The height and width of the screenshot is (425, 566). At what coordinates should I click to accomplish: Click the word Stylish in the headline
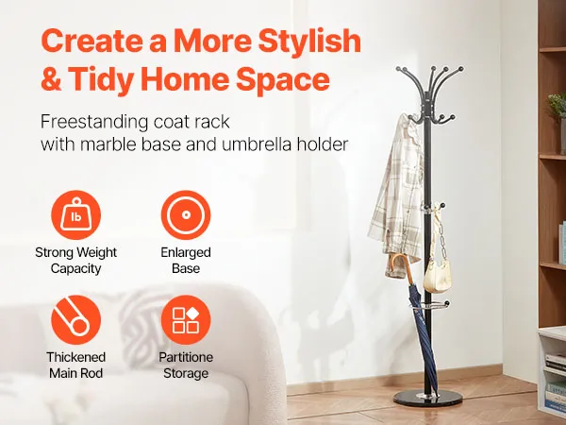pos(309,42)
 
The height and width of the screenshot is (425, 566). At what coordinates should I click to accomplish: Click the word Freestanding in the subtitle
pos(94,122)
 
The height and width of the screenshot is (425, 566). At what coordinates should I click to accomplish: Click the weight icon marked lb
pos(75,215)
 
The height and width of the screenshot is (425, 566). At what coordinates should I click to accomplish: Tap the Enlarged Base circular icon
pos(186,215)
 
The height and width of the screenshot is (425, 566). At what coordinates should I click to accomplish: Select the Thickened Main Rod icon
pos(75,320)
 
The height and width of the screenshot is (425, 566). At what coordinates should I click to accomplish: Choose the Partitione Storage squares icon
pos(186,320)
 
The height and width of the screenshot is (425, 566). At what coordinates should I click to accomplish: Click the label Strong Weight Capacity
pos(75,261)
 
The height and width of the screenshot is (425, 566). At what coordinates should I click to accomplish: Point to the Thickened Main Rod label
pos(75,365)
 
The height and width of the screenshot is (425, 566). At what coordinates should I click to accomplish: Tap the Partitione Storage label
pos(186,365)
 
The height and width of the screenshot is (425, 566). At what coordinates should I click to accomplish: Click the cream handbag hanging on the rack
pos(438,276)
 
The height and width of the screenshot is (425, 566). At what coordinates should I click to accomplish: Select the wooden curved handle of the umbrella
pos(398,264)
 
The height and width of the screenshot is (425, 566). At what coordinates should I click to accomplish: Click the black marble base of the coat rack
pos(427,399)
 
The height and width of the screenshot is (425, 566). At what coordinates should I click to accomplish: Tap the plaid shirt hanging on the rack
pos(397,192)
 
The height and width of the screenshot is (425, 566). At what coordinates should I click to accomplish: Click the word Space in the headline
pos(283,80)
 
